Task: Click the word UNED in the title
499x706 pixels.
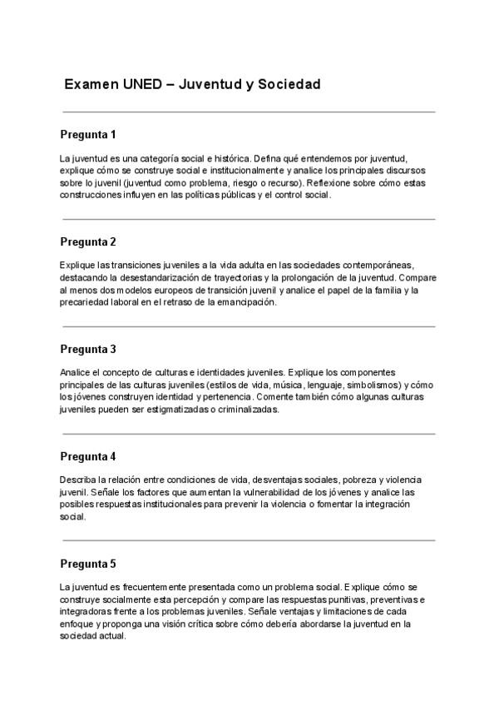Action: (x=144, y=85)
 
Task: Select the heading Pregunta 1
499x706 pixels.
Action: (x=88, y=134)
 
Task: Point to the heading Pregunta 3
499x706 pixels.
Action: (x=88, y=349)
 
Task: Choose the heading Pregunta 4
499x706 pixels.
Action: (x=88, y=456)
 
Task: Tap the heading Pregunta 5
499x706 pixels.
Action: (x=88, y=564)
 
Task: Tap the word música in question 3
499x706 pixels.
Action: (x=309, y=385)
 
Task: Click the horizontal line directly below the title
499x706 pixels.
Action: (x=249, y=111)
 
